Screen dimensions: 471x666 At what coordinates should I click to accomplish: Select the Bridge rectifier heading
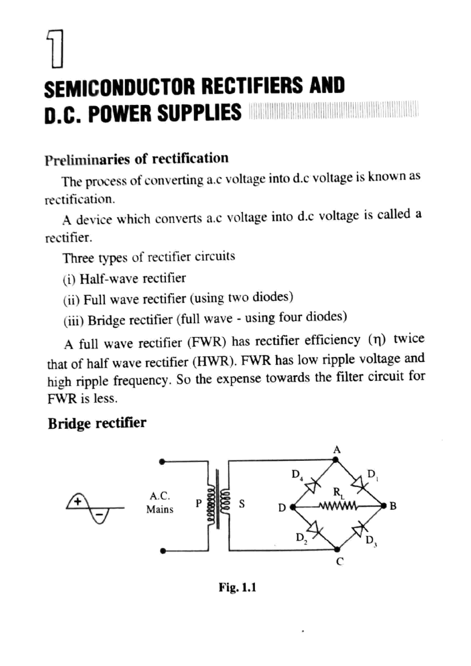pos(97,423)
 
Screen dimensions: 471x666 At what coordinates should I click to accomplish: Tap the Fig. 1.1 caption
pos(237,588)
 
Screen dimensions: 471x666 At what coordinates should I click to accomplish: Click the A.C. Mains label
pos(160,502)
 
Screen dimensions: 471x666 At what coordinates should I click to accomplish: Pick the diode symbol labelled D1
pos(358,482)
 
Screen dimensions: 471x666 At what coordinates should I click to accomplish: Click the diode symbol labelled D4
pos(313,485)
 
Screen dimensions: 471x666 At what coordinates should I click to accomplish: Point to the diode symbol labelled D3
pos(358,530)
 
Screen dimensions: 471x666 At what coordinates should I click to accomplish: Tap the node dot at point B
pos(384,505)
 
